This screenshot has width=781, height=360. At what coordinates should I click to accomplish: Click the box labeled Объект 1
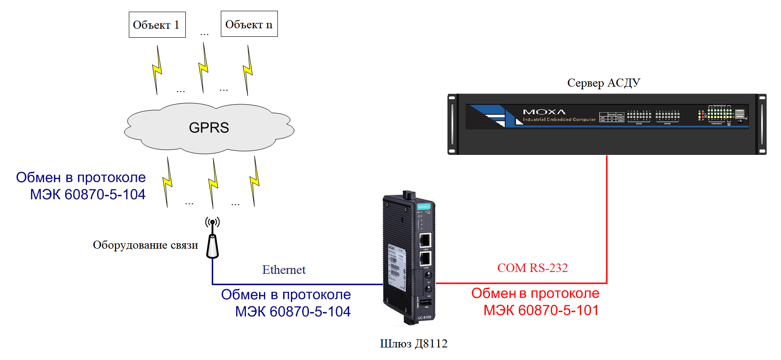[x=157, y=25]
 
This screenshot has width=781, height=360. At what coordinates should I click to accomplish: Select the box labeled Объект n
[x=249, y=24]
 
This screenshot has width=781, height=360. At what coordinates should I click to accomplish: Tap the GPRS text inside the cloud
[x=209, y=127]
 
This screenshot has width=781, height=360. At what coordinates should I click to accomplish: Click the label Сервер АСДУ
[x=603, y=83]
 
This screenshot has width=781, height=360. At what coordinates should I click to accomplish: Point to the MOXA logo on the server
[x=544, y=112]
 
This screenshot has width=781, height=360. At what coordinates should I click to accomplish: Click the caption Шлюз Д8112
[x=413, y=343]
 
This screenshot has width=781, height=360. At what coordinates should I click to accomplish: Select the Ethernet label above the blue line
[x=284, y=270]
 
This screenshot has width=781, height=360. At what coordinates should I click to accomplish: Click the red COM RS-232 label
[x=532, y=268]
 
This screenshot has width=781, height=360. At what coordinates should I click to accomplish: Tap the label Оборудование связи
[x=145, y=245]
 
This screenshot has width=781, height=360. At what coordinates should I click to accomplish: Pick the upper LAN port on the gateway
[x=425, y=240]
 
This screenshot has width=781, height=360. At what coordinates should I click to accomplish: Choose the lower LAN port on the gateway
[x=425, y=259]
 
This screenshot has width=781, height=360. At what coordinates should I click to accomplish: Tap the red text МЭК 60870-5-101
[x=541, y=310]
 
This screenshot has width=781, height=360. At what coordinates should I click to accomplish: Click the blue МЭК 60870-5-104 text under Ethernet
[x=293, y=312]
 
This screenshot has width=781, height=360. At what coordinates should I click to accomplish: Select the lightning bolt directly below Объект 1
[x=157, y=70]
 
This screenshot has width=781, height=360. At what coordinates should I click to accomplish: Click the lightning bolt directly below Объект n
[x=247, y=70]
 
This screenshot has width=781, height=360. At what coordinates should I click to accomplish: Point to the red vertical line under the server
[x=607, y=215]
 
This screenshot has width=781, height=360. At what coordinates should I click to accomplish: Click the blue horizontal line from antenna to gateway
[x=296, y=284]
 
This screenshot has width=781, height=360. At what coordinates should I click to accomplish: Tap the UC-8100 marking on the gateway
[x=424, y=317]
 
